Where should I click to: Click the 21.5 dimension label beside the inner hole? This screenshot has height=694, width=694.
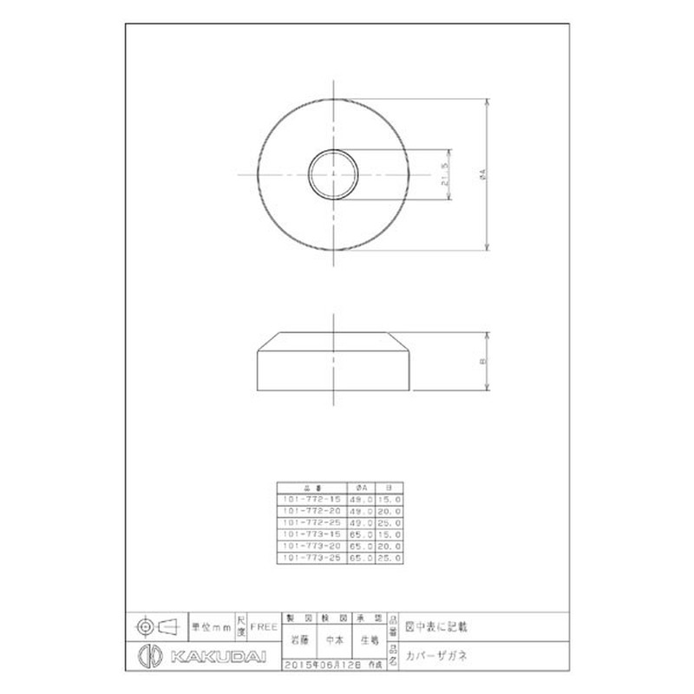point(443,177)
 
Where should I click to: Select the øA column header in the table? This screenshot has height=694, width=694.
point(362,488)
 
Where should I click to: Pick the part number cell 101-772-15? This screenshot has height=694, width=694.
point(311,500)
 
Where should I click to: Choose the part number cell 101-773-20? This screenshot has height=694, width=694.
point(311,548)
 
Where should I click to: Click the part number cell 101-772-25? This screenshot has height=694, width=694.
point(311,524)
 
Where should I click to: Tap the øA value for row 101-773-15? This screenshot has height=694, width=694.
point(362,536)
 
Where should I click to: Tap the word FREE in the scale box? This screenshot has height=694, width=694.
point(264,625)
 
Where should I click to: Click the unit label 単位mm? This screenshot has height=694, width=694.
point(211,625)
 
